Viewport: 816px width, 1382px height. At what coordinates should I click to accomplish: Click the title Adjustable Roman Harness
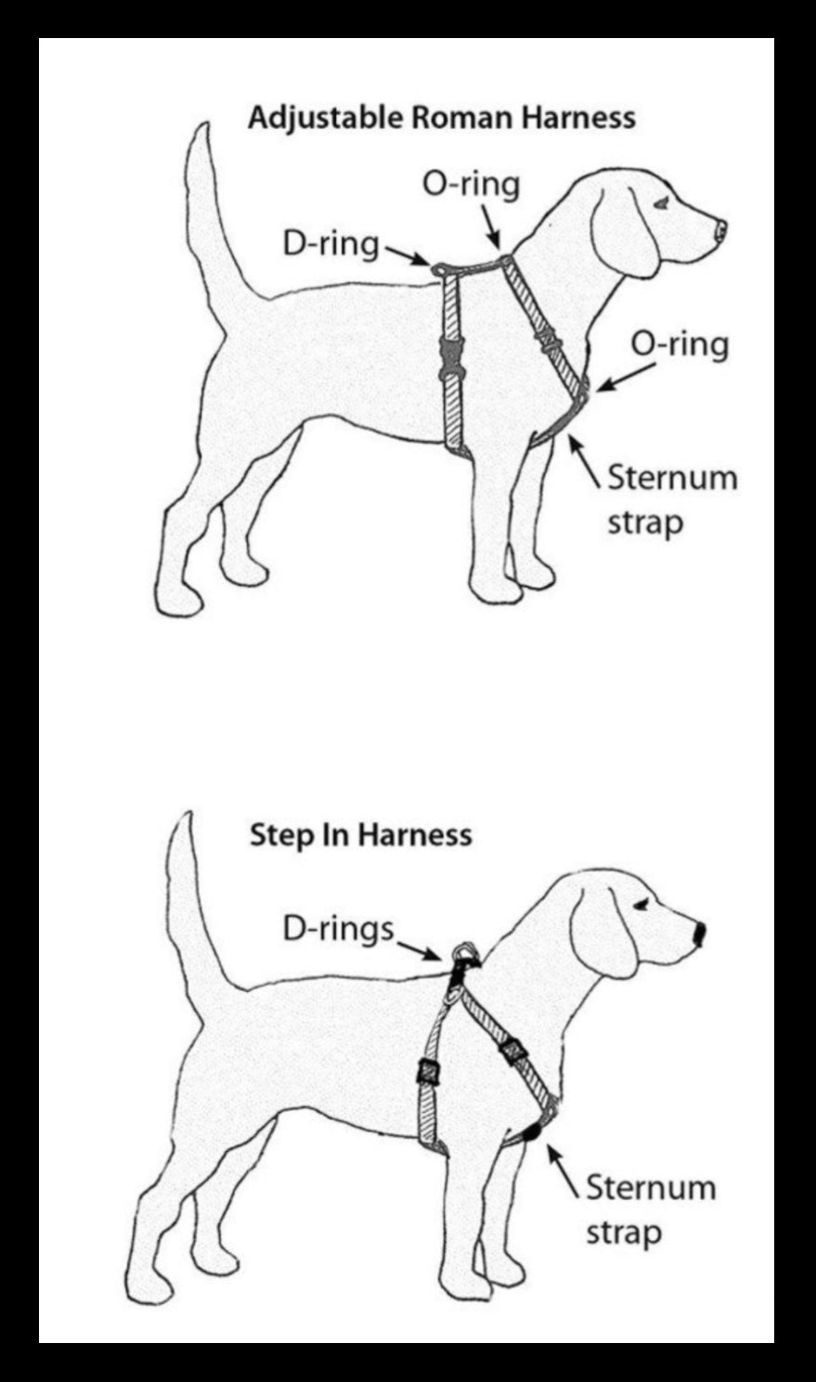(x=441, y=118)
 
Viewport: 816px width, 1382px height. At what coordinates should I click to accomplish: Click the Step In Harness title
(x=360, y=834)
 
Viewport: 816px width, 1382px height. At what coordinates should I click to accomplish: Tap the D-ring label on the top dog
(x=330, y=244)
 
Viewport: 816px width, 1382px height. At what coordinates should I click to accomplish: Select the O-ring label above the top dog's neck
(x=470, y=184)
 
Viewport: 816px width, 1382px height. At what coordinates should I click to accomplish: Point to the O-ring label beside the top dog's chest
(x=680, y=344)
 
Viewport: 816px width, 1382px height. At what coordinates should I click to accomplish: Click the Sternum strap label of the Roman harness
(x=671, y=499)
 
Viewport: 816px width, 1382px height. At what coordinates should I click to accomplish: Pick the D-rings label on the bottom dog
(x=338, y=928)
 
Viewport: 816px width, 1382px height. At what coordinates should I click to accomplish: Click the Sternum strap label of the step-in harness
(x=650, y=1209)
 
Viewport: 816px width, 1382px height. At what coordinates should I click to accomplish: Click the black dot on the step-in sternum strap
(x=531, y=1132)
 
